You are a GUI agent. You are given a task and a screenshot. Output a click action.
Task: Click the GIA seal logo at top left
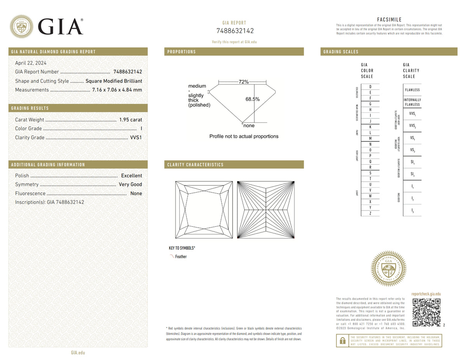click(x=21, y=26)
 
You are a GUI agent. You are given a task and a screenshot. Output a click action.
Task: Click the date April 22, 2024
click(x=30, y=63)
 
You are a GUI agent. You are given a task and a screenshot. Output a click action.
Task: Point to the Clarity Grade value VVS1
click(x=136, y=137)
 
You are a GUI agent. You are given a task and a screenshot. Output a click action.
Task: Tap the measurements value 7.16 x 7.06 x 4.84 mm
click(x=117, y=90)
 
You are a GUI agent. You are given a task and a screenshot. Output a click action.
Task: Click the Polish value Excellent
click(x=131, y=176)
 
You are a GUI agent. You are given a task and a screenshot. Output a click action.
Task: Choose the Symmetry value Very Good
click(x=130, y=184)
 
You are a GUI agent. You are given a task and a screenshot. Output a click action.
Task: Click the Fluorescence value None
click(x=136, y=193)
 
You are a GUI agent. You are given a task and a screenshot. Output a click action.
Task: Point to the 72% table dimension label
click(x=243, y=82)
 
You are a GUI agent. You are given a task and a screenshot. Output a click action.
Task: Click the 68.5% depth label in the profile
click(x=252, y=99)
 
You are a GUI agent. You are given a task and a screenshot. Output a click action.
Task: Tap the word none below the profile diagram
click(x=249, y=125)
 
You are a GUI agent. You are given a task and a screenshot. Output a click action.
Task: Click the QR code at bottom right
click(x=426, y=313)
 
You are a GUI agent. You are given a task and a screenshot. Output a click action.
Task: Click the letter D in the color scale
click(x=370, y=87)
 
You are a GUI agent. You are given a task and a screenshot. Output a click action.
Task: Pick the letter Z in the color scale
click(x=370, y=213)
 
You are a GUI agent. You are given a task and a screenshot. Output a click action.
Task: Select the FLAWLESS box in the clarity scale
click(x=412, y=90)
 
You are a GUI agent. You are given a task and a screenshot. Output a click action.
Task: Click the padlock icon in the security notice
click(x=343, y=341)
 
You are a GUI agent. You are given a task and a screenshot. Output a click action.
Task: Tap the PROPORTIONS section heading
click(x=181, y=52)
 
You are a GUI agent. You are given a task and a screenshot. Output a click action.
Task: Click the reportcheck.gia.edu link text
click(x=426, y=294)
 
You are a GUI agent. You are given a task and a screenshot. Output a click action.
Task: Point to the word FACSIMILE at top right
click(x=389, y=20)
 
